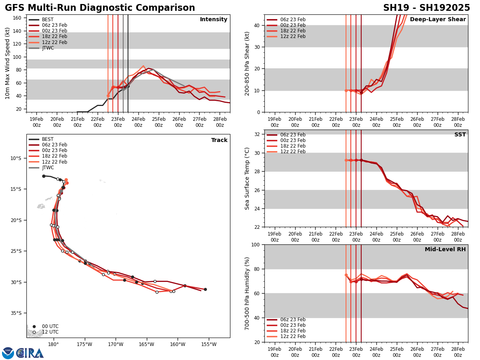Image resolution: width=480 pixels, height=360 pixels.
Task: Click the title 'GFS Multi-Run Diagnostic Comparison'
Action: [x=100, y=8]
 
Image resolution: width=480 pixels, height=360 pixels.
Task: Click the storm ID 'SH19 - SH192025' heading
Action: [x=426, y=8]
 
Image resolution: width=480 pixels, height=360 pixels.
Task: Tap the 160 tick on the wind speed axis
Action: [x=18, y=18]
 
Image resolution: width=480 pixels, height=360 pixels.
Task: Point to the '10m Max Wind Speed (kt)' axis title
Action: [x=8, y=63]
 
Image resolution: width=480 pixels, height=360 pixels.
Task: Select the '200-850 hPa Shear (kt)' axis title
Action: [x=247, y=63]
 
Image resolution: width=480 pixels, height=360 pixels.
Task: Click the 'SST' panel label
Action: [x=460, y=135]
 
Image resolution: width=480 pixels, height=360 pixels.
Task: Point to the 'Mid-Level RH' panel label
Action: [x=445, y=250]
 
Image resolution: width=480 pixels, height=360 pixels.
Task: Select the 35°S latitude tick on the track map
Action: [x=16, y=313]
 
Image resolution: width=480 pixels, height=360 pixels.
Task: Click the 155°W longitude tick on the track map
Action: [x=209, y=344]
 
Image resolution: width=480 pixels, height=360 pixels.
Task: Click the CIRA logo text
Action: [x=30, y=353]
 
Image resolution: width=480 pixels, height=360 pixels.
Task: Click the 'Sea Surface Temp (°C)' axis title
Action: [x=247, y=178]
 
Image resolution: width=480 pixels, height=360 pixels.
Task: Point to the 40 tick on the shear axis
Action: [x=256, y=25]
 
